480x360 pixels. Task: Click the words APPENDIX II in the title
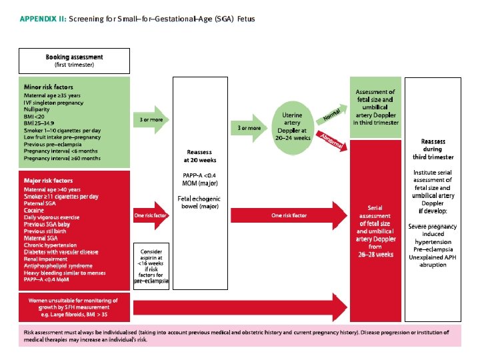(42, 19)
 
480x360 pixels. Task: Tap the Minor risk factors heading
(49, 87)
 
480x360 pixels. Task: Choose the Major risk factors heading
(49, 181)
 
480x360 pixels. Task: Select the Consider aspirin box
(152, 265)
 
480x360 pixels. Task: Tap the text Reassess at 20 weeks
(200, 156)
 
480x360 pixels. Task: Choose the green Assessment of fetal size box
(375, 107)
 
